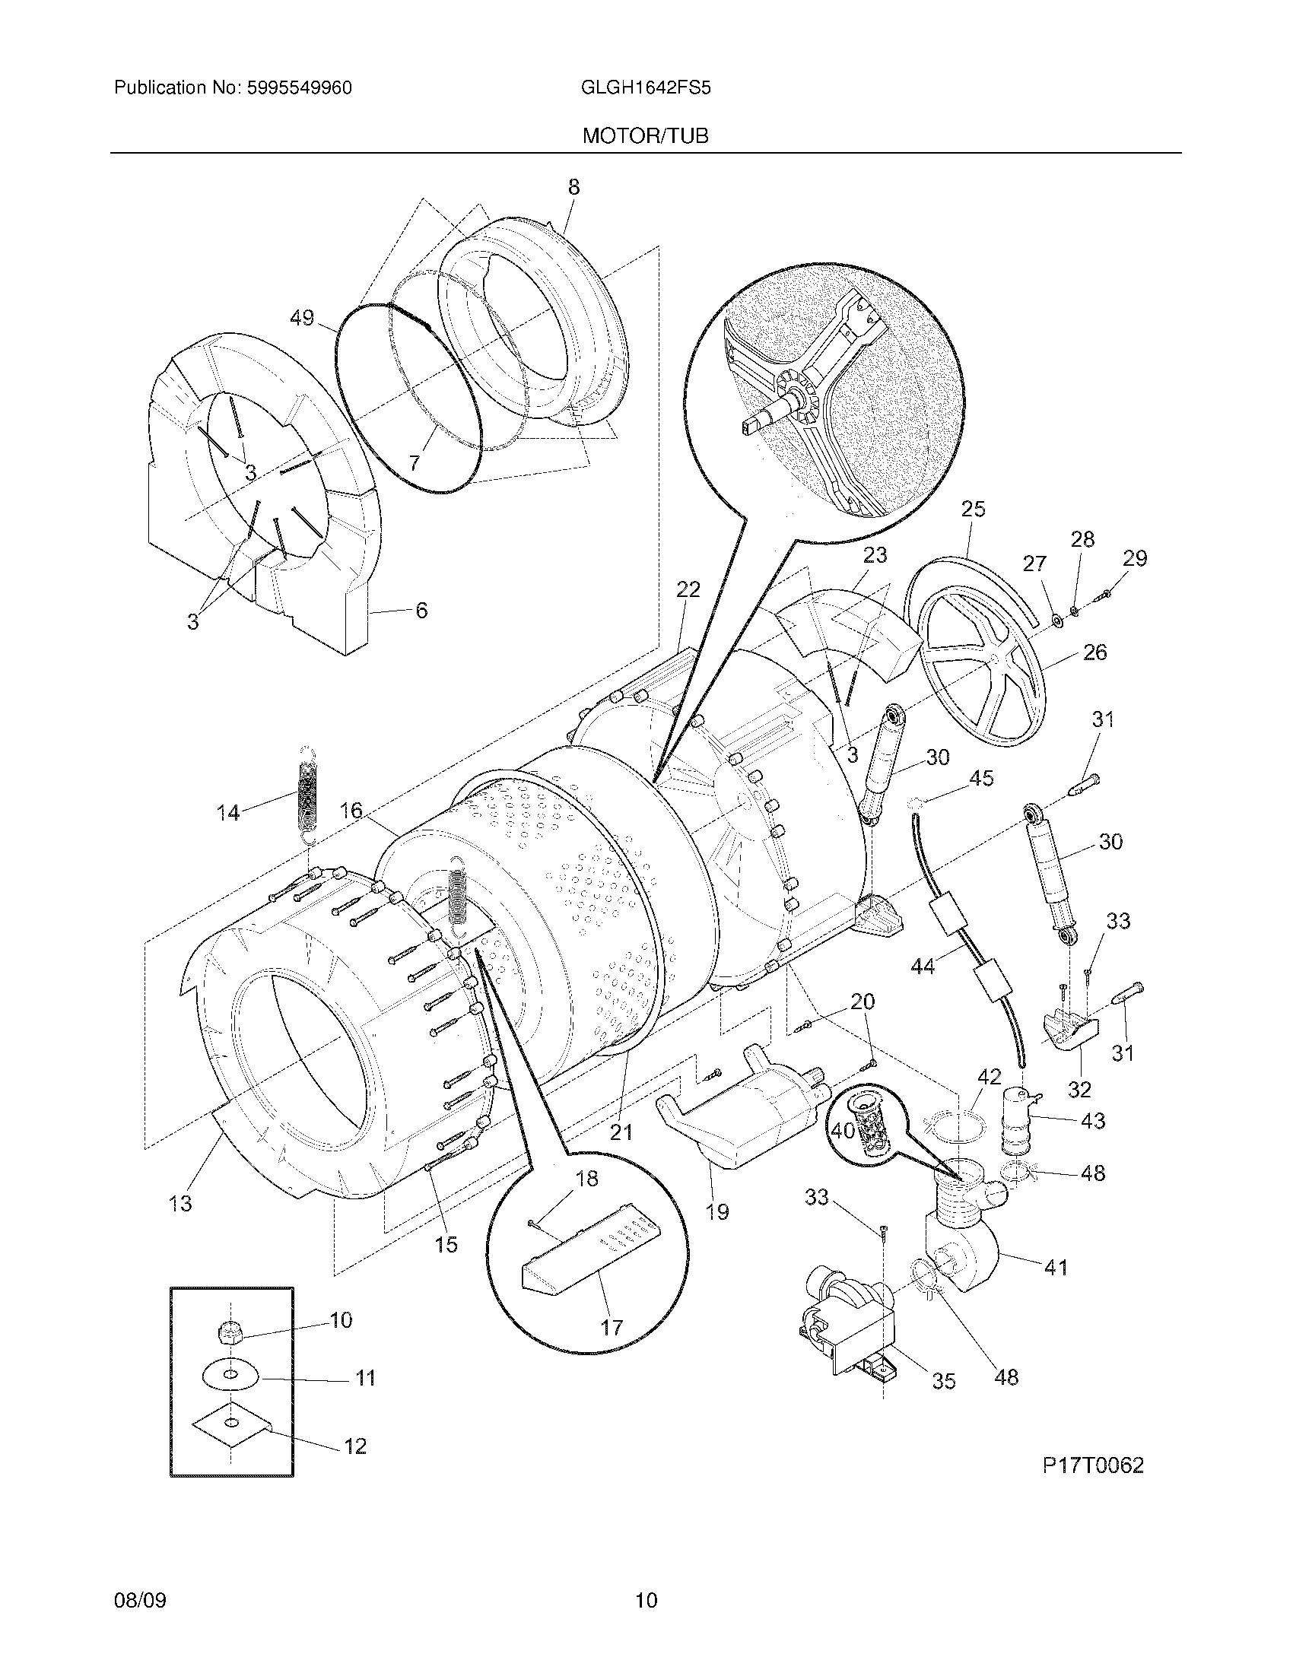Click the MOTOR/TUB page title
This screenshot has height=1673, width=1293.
645,136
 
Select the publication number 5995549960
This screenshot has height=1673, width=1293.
299,88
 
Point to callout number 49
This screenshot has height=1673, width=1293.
303,317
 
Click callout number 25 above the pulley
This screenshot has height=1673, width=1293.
973,510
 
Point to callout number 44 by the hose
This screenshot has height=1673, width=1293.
923,967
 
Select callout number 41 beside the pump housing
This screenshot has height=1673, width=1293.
1056,1268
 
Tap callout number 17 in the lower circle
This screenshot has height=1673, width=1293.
612,1327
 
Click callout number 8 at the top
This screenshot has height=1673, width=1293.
573,187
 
